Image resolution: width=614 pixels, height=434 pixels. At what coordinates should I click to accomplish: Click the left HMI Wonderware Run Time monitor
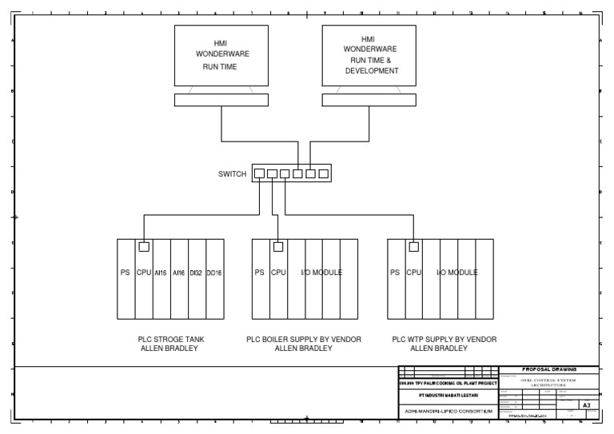coord(221,55)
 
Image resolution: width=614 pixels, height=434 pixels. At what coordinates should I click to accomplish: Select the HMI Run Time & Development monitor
coord(369,54)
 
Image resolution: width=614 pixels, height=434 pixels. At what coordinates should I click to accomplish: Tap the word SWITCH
coord(233,173)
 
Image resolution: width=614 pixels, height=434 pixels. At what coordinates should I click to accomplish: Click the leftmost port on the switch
coord(259,173)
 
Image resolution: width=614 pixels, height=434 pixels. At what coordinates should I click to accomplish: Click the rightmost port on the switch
coord(323,173)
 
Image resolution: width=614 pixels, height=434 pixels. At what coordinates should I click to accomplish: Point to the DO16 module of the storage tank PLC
coord(214,273)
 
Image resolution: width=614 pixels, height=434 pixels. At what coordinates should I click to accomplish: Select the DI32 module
coord(197,273)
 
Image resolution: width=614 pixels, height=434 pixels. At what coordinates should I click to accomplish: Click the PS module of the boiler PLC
coord(260,273)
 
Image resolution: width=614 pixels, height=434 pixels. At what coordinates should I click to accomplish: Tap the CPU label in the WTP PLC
coord(413,273)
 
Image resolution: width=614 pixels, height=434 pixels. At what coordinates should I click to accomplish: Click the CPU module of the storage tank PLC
coord(144,273)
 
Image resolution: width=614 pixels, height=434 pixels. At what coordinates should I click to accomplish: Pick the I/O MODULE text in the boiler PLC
coord(321,273)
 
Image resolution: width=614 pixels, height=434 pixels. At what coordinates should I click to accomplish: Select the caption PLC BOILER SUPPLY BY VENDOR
coord(304,340)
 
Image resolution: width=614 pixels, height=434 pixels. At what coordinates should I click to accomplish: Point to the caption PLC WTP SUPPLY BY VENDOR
coord(440,340)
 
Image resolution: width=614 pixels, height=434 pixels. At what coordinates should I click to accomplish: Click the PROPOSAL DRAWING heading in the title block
coord(548,369)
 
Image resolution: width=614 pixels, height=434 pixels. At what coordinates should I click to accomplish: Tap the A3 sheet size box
coord(586,405)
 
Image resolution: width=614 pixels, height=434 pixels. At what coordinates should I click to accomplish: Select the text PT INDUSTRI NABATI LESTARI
coord(448,396)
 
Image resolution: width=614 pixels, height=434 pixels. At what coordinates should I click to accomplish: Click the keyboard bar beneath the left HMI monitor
coord(221,100)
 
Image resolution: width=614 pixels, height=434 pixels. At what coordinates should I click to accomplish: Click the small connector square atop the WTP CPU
coord(413,246)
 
